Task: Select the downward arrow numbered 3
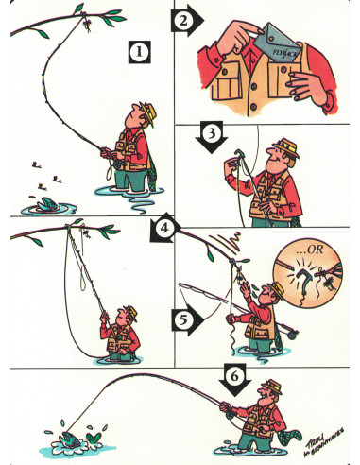tap(214, 135)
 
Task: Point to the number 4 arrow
tap(166, 228)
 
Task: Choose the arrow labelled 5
tap(188, 320)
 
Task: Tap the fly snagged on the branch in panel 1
tap(85, 19)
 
